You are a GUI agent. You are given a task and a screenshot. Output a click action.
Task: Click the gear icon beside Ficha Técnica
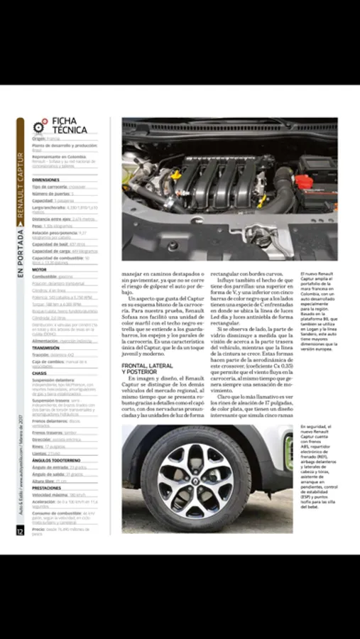(x=38, y=127)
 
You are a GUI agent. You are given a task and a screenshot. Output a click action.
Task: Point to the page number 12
(x=20, y=530)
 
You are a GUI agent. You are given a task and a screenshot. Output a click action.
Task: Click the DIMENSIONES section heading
(x=45, y=180)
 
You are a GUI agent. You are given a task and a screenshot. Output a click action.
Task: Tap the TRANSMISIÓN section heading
(x=46, y=348)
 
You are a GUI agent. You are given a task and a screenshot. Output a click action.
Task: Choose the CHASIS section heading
(x=40, y=373)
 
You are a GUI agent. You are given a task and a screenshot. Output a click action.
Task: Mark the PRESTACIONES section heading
(x=48, y=488)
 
